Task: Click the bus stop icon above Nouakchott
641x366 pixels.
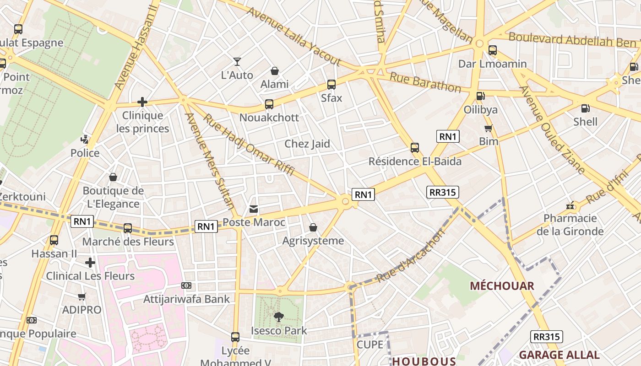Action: tap(269, 104)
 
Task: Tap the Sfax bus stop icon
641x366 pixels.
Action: tap(331, 85)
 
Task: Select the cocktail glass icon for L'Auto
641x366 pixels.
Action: tap(237, 61)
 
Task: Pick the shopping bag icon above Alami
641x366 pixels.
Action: tap(275, 71)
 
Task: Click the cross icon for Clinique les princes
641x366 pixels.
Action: tap(142, 102)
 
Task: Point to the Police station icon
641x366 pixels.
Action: tap(85, 139)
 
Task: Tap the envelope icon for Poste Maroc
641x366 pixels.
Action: tap(253, 209)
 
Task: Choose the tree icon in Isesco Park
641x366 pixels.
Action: tap(278, 317)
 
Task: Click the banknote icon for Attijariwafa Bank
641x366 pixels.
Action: tap(186, 285)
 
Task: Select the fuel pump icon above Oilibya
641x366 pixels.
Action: tap(480, 96)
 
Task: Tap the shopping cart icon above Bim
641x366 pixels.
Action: tap(489, 128)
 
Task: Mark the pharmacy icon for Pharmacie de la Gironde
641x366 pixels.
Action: tap(570, 205)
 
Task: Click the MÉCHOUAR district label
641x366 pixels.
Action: tap(502, 286)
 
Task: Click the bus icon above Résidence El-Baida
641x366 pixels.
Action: tap(415, 148)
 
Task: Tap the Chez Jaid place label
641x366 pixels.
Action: tap(307, 144)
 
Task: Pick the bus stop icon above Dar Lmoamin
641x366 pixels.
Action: tap(493, 50)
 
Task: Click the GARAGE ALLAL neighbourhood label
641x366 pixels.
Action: tap(559, 355)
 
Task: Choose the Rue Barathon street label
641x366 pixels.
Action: tap(425, 82)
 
